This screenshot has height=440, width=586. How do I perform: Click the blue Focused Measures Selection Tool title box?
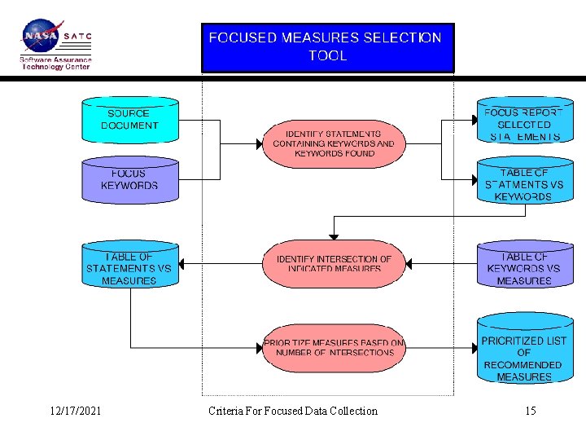[327, 47]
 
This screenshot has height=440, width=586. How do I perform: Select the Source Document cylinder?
[129, 120]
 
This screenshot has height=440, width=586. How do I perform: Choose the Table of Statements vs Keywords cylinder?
[524, 184]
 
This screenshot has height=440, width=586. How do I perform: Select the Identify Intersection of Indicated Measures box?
[334, 263]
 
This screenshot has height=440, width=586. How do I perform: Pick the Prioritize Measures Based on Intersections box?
[334, 348]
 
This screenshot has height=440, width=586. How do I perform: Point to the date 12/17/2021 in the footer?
[75, 411]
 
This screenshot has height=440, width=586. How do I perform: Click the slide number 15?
[531, 411]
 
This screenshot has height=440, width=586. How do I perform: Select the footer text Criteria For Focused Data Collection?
[293, 411]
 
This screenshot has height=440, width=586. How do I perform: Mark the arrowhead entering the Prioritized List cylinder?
[474, 348]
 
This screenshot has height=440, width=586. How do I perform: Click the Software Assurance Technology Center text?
[55, 63]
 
